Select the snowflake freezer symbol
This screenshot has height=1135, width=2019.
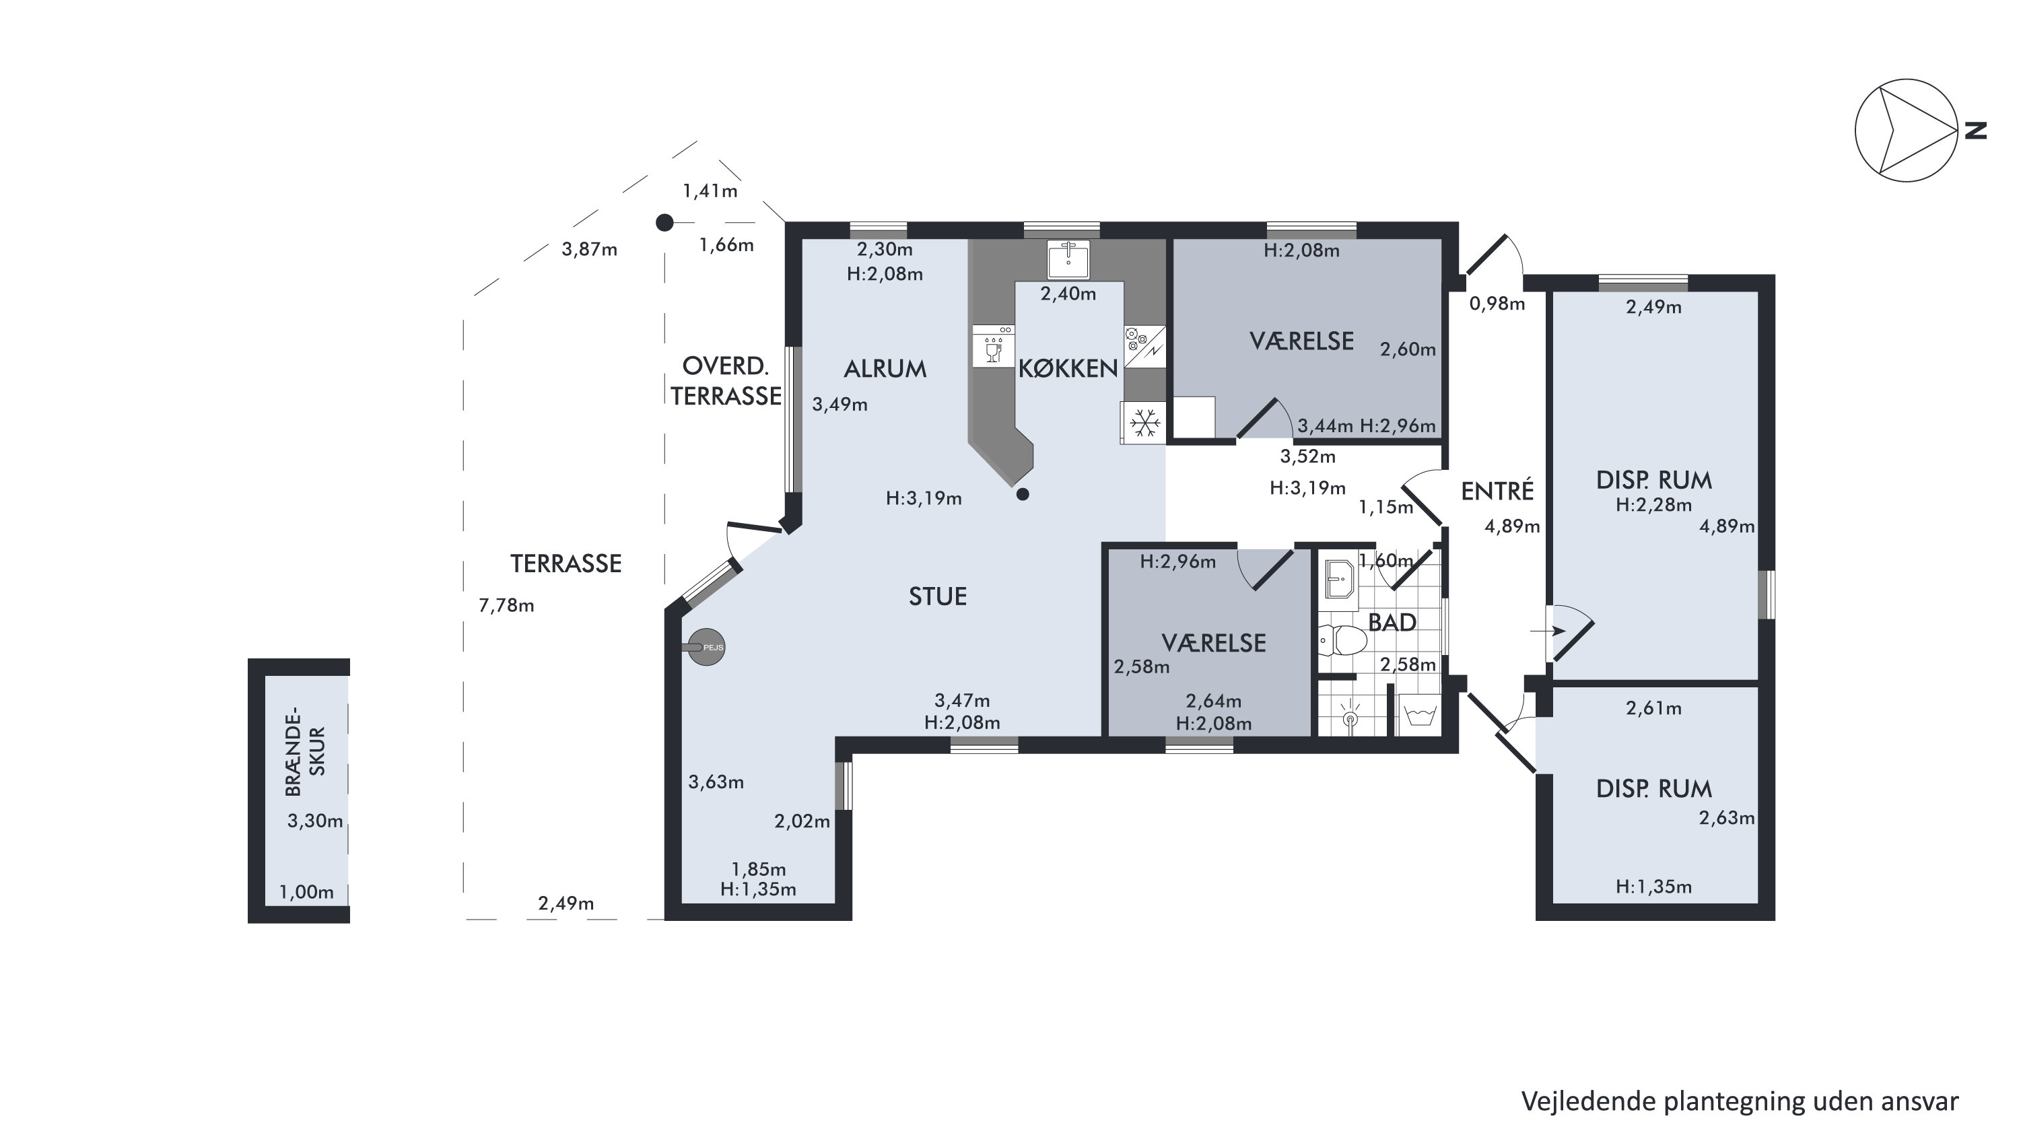click(x=1144, y=423)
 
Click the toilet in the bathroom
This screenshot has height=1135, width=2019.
click(x=1342, y=640)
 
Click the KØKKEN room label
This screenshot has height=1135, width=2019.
click(x=1068, y=368)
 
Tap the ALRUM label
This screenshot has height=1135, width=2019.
click(x=885, y=368)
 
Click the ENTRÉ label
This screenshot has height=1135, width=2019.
click(x=1497, y=491)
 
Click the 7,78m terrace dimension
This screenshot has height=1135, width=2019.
click(x=506, y=605)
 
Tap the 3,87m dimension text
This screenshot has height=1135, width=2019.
click(x=589, y=249)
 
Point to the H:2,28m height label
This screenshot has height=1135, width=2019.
click(x=1653, y=505)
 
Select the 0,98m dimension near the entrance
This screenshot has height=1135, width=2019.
click(x=1497, y=304)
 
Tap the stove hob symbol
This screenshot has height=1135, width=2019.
click(x=1144, y=347)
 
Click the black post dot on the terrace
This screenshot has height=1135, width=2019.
click(x=664, y=223)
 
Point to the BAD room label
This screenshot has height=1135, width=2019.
click(x=1392, y=623)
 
